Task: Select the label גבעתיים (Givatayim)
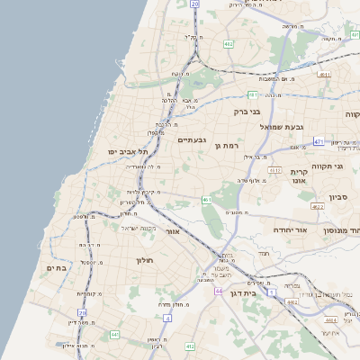click(193, 139)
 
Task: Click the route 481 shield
click(254, 94)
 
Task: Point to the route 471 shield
click(319, 141)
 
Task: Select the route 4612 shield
click(274, 169)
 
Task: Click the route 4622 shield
click(318, 206)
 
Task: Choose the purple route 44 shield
click(219, 292)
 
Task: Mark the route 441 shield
click(114, 335)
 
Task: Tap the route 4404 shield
click(331, 319)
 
